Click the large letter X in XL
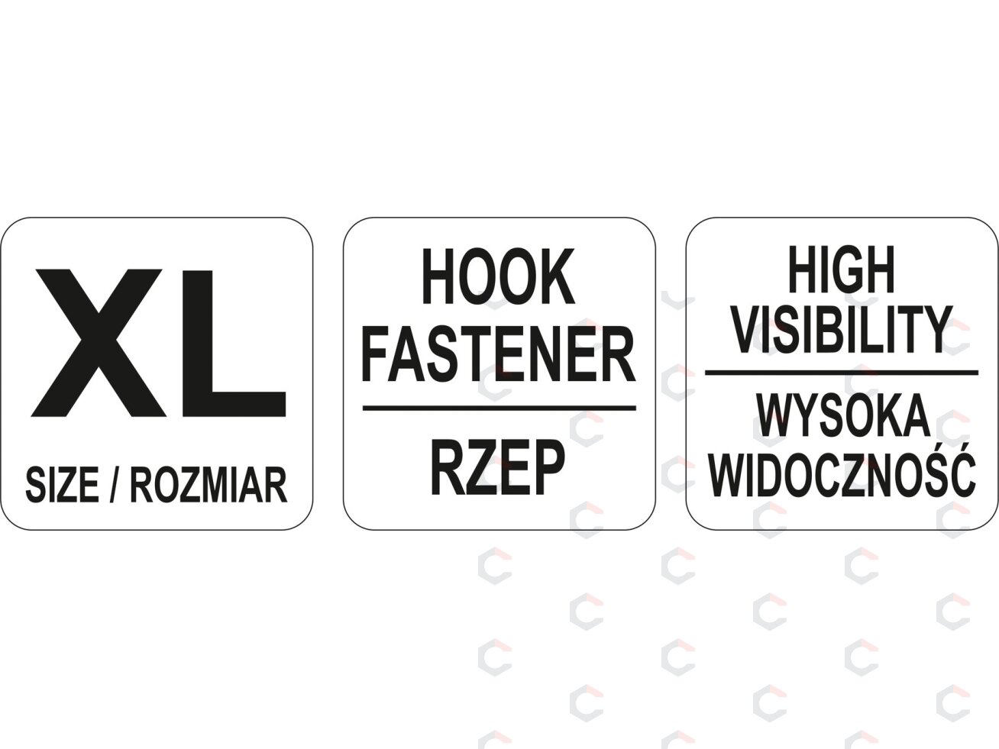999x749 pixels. point(96,343)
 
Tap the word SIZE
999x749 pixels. point(62,485)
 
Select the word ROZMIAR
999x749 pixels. point(209,485)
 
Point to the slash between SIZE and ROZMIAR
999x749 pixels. point(115,485)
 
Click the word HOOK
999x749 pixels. point(499,276)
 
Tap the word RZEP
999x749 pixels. point(497,467)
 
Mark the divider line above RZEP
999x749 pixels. point(499,408)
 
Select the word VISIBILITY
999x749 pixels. point(842,329)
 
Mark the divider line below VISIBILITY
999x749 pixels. point(842,373)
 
